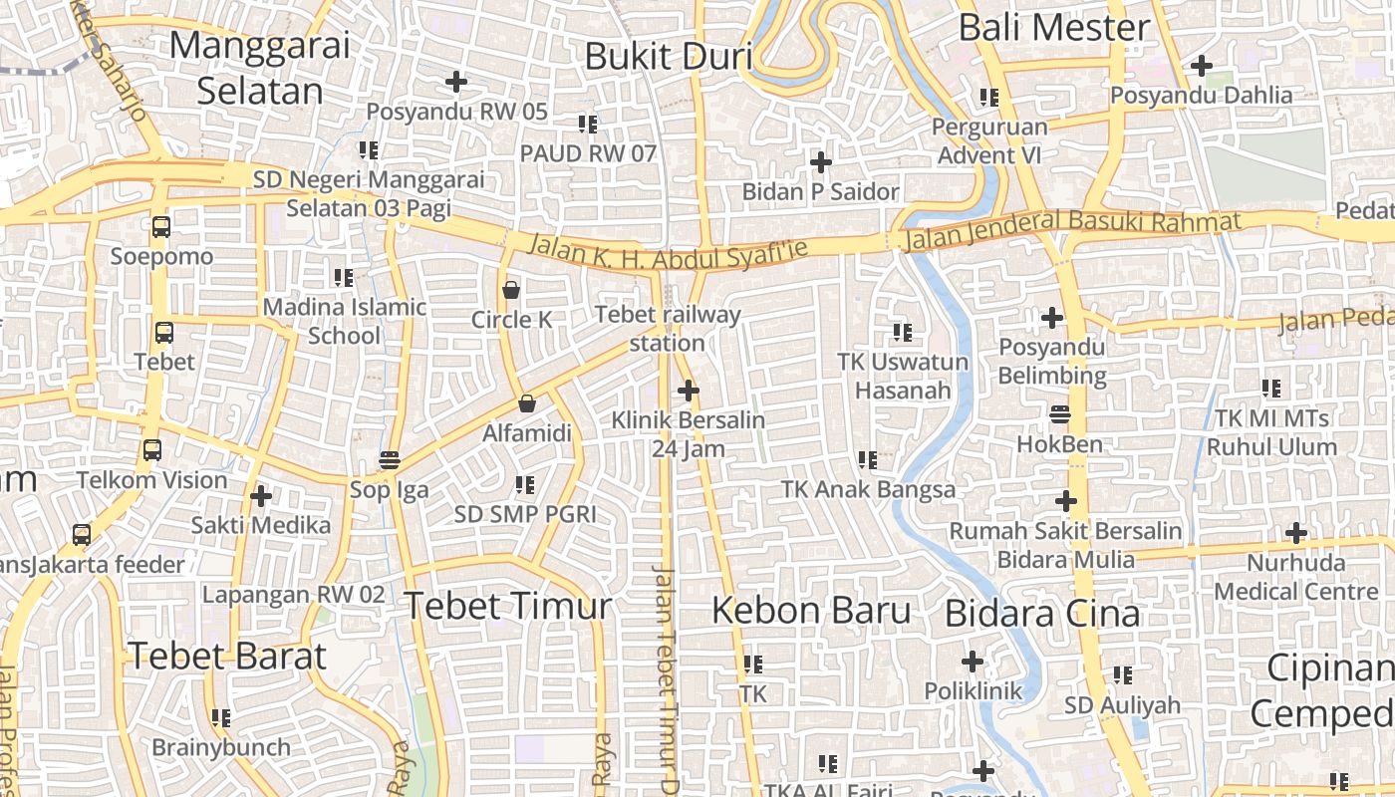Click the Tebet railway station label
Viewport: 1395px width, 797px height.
click(668, 329)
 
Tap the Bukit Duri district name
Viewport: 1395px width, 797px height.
click(668, 57)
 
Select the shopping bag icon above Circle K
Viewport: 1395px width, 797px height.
click(511, 290)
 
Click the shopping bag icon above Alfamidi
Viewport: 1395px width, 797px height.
click(526, 403)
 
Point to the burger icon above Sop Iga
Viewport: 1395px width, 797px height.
click(389, 460)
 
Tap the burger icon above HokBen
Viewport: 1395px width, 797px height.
click(1060, 414)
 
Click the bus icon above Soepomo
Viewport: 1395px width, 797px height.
click(161, 227)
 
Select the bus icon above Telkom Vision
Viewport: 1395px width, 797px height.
click(151, 450)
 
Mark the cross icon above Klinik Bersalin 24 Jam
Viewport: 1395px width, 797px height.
click(688, 391)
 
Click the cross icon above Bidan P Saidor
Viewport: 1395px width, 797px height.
click(821, 161)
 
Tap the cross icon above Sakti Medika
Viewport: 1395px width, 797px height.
click(261, 495)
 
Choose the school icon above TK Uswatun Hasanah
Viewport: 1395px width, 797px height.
click(902, 332)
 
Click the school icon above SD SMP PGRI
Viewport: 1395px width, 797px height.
click(524, 485)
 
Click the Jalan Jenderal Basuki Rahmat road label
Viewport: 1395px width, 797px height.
click(1071, 230)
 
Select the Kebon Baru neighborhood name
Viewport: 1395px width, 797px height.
click(811, 610)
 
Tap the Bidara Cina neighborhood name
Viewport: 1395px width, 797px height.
click(1042, 613)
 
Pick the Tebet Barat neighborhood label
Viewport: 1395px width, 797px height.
click(227, 656)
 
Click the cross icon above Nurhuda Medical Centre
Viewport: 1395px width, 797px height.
click(1295, 533)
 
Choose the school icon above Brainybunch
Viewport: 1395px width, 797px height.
click(221, 717)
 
